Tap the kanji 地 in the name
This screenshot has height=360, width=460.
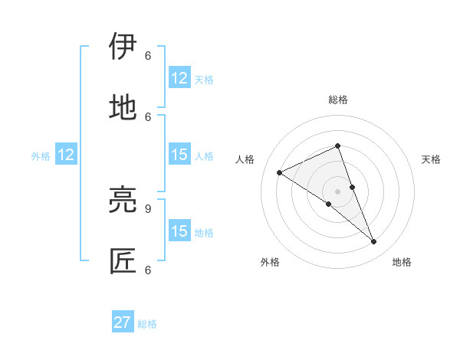123,107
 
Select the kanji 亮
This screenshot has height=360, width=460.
123,200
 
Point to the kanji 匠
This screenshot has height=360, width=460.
123,261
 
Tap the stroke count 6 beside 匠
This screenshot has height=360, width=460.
148,270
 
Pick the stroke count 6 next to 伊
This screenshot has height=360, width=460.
148,55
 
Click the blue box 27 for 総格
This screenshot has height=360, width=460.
123,323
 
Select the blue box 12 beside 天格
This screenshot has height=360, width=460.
179,78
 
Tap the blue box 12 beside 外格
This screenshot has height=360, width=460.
66,155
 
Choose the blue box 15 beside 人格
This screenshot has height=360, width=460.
179,155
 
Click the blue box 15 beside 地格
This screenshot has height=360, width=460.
179,231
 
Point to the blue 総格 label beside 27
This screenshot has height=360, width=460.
147,324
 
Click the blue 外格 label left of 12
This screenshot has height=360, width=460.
41,156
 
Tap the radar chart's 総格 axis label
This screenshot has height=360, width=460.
337,100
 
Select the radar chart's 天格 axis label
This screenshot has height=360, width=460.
431,159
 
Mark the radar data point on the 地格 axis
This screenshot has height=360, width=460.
374,242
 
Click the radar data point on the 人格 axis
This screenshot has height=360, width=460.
280,172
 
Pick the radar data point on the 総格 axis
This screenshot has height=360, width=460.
337,146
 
